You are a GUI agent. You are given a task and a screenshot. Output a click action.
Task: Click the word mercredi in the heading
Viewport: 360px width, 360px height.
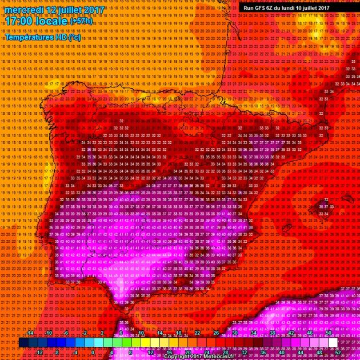pos(22,10)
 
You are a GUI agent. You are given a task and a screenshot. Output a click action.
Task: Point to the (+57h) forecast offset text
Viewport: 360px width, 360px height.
pos(84,22)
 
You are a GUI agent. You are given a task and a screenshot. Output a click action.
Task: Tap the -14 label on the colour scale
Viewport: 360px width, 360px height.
pos(30,333)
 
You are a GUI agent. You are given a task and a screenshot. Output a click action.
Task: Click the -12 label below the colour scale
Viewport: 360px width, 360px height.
pos(39,353)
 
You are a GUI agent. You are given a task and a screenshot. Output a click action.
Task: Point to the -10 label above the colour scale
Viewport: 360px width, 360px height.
pos(49,333)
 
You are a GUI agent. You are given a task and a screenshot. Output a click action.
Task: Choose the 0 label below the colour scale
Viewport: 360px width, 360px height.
pos(94,353)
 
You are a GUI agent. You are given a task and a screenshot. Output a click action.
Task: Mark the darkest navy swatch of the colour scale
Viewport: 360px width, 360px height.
pos(23,343)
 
